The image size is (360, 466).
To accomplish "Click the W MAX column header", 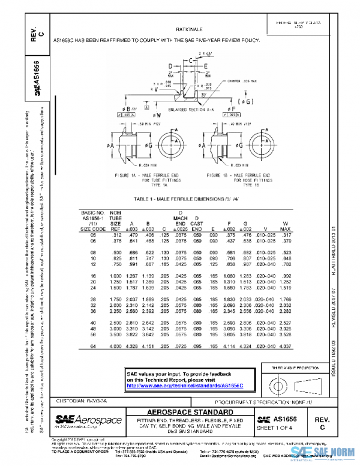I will click(x=286, y=225).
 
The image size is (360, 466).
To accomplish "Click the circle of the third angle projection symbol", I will click(x=279, y=383).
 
